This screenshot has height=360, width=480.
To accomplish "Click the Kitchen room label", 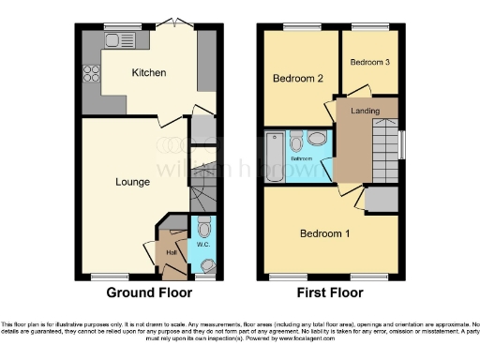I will [149, 72].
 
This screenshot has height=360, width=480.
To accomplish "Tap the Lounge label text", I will [133, 181].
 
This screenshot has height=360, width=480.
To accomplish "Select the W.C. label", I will [203, 244].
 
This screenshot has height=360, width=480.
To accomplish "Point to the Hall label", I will [172, 252].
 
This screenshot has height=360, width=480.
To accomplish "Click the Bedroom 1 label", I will [324, 232].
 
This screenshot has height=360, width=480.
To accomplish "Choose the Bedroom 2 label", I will [298, 80].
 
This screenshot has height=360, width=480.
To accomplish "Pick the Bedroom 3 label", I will [369, 62].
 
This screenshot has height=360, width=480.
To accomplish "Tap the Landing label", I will [366, 112].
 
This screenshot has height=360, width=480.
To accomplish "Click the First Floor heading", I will [331, 292].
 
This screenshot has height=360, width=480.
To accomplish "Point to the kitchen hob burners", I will [92, 73].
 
